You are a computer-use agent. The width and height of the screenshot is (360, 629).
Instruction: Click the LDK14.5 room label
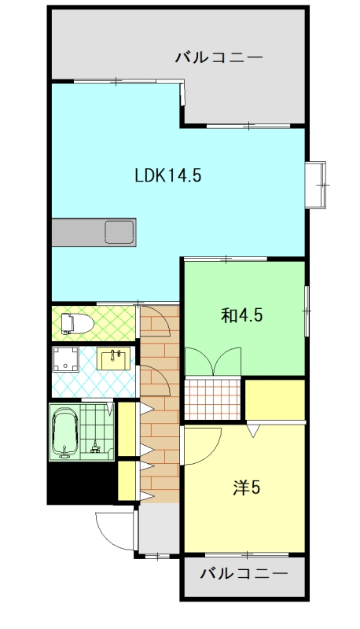point(167,175)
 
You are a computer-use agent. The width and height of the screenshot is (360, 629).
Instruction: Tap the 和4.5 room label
point(242,315)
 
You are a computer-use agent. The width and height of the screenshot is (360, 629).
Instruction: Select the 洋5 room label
point(247,487)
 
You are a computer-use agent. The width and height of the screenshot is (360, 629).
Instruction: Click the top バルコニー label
point(219,57)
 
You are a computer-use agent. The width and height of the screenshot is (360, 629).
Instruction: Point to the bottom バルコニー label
point(244,574)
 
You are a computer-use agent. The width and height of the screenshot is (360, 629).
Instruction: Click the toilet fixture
point(77,324)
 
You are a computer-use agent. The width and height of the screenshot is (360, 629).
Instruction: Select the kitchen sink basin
point(119,231)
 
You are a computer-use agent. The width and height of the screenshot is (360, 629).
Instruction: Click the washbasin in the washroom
point(114,359)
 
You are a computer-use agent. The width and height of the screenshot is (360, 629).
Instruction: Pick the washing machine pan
point(65,359)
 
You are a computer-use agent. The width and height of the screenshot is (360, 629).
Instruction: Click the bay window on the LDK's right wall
point(316,185)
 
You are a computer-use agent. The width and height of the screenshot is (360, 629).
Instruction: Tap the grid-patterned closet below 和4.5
point(212,399)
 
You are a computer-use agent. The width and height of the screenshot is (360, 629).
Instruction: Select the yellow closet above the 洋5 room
point(275,399)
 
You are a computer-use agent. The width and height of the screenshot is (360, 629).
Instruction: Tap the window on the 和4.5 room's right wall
point(307,311)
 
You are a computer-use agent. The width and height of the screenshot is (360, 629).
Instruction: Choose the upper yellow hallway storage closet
point(127,429)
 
